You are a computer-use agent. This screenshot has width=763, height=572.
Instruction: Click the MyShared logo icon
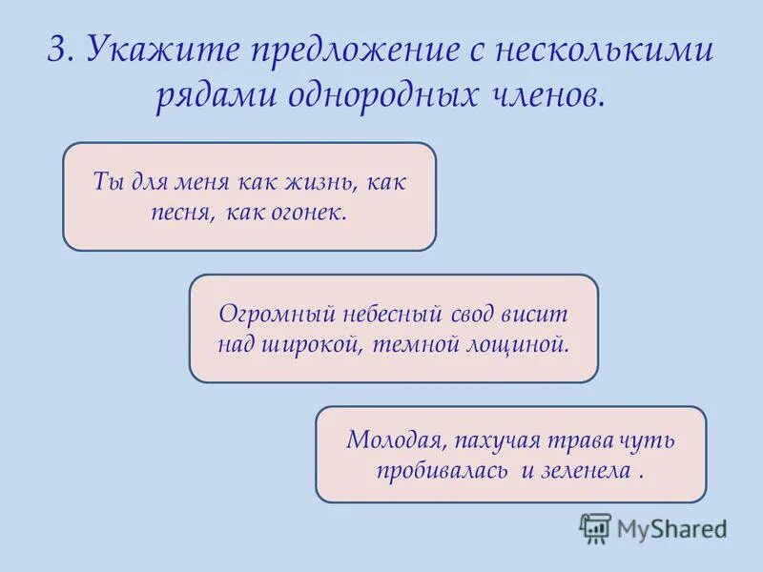click(x=595, y=526)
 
